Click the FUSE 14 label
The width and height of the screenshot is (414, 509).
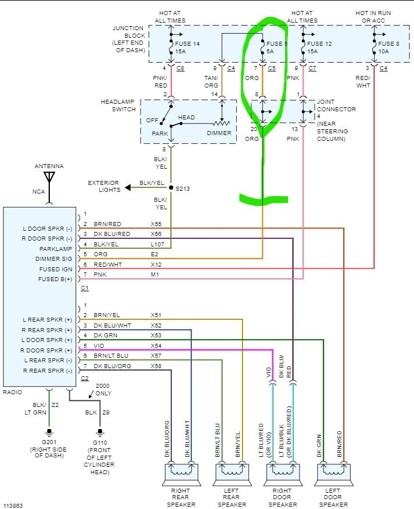click(x=187, y=43)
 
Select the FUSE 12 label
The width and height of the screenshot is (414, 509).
click(x=319, y=43)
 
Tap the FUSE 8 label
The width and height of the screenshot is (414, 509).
click(x=388, y=43)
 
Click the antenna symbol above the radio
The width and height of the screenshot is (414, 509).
click(x=49, y=177)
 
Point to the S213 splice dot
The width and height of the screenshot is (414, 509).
click(x=171, y=188)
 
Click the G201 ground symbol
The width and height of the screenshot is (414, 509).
click(x=49, y=432)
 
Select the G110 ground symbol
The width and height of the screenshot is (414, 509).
click(x=100, y=432)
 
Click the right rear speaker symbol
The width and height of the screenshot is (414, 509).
click(x=181, y=474)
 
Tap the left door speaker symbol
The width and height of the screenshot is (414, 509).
click(x=334, y=474)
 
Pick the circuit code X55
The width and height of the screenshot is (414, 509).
click(x=156, y=224)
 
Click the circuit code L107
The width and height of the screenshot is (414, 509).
click(x=157, y=244)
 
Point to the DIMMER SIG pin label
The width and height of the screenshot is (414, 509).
click(x=53, y=259)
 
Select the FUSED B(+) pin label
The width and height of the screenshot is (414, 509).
click(x=55, y=279)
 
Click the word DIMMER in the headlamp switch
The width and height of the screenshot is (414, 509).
click(x=219, y=133)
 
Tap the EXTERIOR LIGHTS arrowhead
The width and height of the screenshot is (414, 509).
click(x=128, y=188)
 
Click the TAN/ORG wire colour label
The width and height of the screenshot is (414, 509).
click(x=211, y=82)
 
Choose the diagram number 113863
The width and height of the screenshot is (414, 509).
click(x=13, y=506)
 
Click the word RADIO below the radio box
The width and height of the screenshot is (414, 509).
click(x=12, y=392)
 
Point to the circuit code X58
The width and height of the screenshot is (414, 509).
click(x=156, y=366)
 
